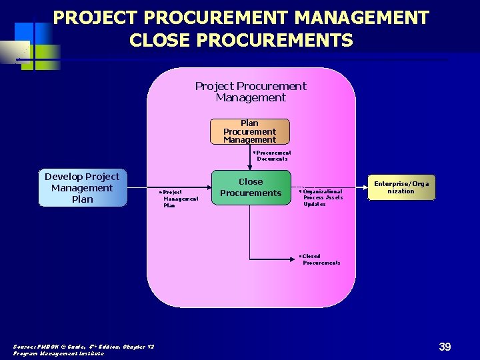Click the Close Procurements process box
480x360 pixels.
(x=251, y=187)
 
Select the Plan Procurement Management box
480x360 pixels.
(x=249, y=131)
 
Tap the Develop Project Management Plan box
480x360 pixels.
(x=82, y=188)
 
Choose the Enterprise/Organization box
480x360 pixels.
(x=401, y=187)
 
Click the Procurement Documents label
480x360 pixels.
(x=273, y=155)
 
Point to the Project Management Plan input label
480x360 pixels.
(x=180, y=199)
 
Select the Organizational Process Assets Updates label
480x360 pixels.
(x=322, y=197)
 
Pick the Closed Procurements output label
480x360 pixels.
(x=320, y=259)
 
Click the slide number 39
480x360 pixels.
(x=445, y=347)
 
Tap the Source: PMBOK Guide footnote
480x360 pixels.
(x=83, y=346)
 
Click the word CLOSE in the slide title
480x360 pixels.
(x=159, y=41)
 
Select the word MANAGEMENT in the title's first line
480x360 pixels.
(x=360, y=18)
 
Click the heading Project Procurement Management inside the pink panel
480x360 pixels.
(x=251, y=91)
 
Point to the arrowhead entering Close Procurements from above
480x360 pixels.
(x=250, y=167)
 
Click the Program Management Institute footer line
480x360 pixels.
(x=59, y=353)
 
